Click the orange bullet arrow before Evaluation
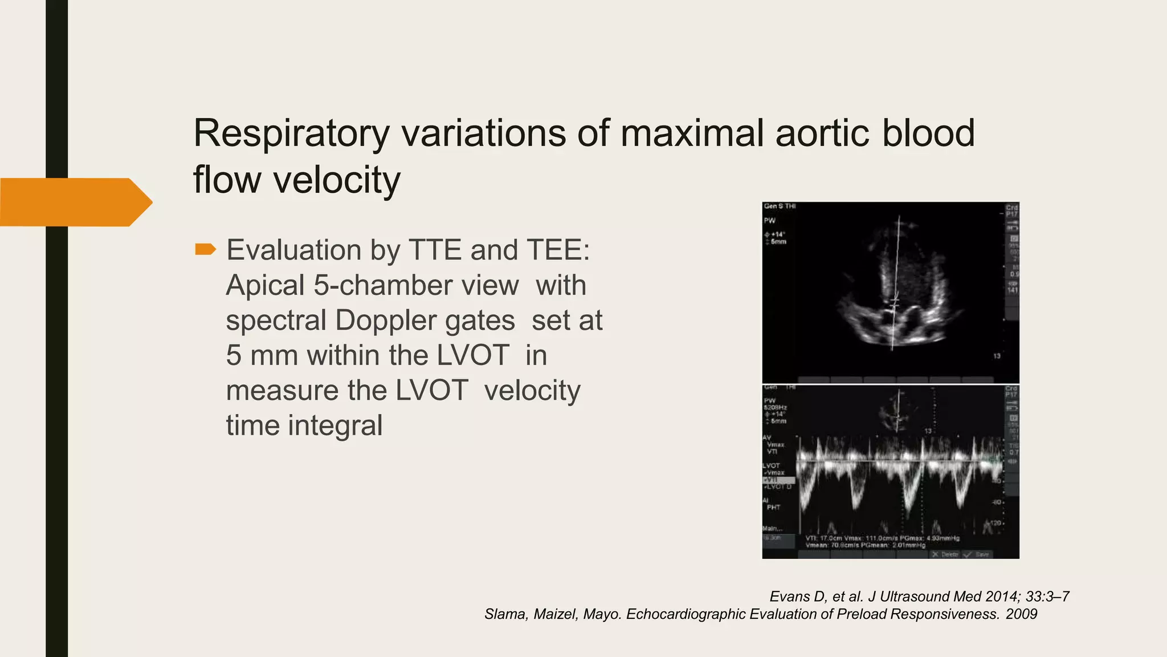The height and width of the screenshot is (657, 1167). click(205, 249)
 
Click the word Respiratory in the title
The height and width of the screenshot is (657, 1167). click(291, 133)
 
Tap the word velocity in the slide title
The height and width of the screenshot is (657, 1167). click(337, 180)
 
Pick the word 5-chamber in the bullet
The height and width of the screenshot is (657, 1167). click(416, 286)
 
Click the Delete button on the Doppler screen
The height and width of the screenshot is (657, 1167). click(945, 554)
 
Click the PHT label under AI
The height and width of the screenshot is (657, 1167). click(773, 507)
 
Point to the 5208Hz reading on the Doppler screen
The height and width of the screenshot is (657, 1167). click(774, 407)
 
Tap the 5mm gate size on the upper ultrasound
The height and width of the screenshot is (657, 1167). click(778, 242)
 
